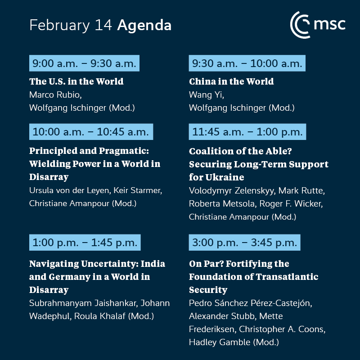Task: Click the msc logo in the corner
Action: point(318,24)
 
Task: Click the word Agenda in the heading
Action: point(144,25)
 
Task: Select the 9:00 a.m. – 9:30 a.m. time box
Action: point(84,63)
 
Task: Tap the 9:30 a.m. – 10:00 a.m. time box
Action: point(247,63)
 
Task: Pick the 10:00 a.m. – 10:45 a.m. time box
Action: point(91,132)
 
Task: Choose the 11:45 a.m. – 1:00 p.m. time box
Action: point(247,132)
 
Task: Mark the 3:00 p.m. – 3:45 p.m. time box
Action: point(244,243)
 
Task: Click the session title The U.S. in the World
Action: point(76,82)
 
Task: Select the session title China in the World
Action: point(231,82)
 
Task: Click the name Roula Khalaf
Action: point(100,316)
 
